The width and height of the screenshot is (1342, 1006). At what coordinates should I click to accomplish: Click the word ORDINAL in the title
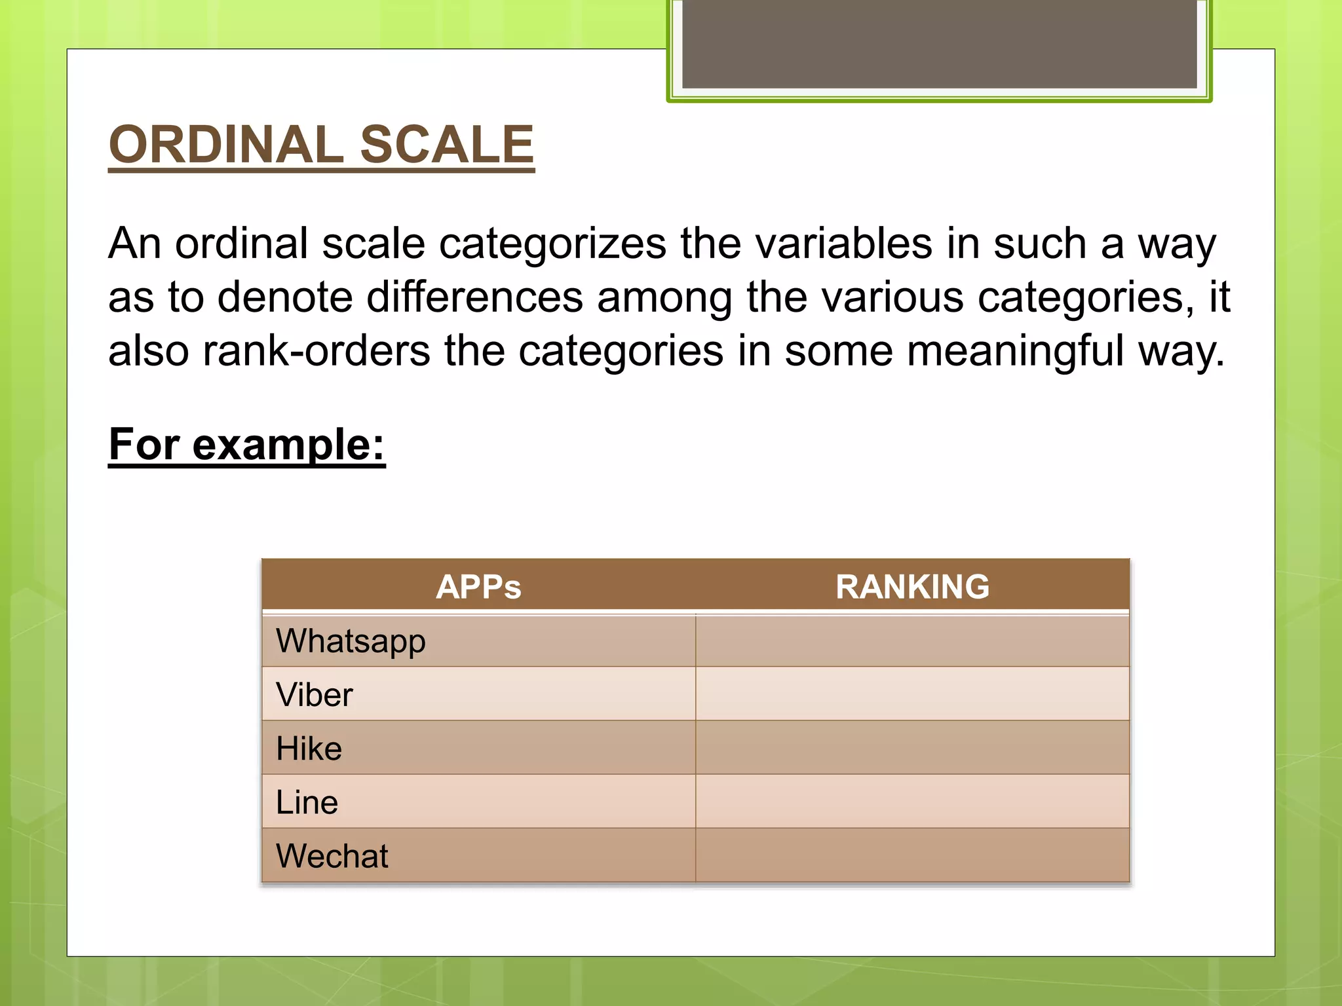226,145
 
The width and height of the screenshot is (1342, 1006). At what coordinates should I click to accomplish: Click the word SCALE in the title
447,145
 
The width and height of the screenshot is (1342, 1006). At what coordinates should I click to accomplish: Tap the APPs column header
478,586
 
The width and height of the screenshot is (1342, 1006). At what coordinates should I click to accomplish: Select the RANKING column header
912,586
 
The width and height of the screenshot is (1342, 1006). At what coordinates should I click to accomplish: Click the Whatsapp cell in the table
351,641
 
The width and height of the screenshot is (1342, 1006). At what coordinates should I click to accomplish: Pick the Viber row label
314,694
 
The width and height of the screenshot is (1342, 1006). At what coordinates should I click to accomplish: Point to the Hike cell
309,748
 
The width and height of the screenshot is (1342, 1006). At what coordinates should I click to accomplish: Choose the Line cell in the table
307,802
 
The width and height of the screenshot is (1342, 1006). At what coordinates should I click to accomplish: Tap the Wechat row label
332,855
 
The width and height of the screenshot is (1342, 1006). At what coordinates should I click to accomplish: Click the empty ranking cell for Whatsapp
912,641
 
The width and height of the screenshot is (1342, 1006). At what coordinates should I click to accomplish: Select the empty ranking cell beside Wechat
912,855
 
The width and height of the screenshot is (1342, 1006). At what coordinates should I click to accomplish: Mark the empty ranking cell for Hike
912,748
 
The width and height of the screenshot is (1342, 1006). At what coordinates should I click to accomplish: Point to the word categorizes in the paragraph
552,244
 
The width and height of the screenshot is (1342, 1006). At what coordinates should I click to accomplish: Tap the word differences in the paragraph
474,297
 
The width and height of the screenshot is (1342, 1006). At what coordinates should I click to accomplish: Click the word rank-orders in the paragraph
316,351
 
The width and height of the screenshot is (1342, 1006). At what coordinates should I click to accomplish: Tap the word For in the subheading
144,445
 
